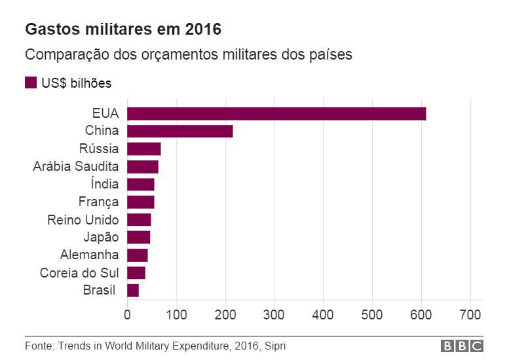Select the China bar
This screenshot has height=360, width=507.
click(x=180, y=131)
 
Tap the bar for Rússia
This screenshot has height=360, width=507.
click(x=144, y=149)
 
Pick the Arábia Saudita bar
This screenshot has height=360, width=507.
click(x=143, y=166)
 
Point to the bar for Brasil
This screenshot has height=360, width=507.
click(x=133, y=291)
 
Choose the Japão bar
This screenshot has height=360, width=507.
click(x=139, y=237)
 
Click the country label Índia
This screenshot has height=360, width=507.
click(x=105, y=184)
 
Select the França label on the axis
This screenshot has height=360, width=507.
click(x=98, y=202)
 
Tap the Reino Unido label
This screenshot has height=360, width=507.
click(x=83, y=219)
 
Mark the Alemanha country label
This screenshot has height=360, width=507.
click(x=89, y=255)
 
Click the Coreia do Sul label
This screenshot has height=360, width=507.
click(x=79, y=273)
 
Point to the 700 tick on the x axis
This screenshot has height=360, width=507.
click(x=470, y=314)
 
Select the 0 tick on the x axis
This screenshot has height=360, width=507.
click(x=127, y=314)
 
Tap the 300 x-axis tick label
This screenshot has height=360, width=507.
click(x=274, y=314)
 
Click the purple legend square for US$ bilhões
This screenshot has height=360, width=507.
click(x=31, y=83)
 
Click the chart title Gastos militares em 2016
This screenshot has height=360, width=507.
click(x=123, y=29)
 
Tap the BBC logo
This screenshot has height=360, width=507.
click(x=461, y=346)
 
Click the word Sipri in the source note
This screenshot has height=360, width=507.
click(x=276, y=346)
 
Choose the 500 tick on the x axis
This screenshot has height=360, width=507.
click(x=372, y=314)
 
